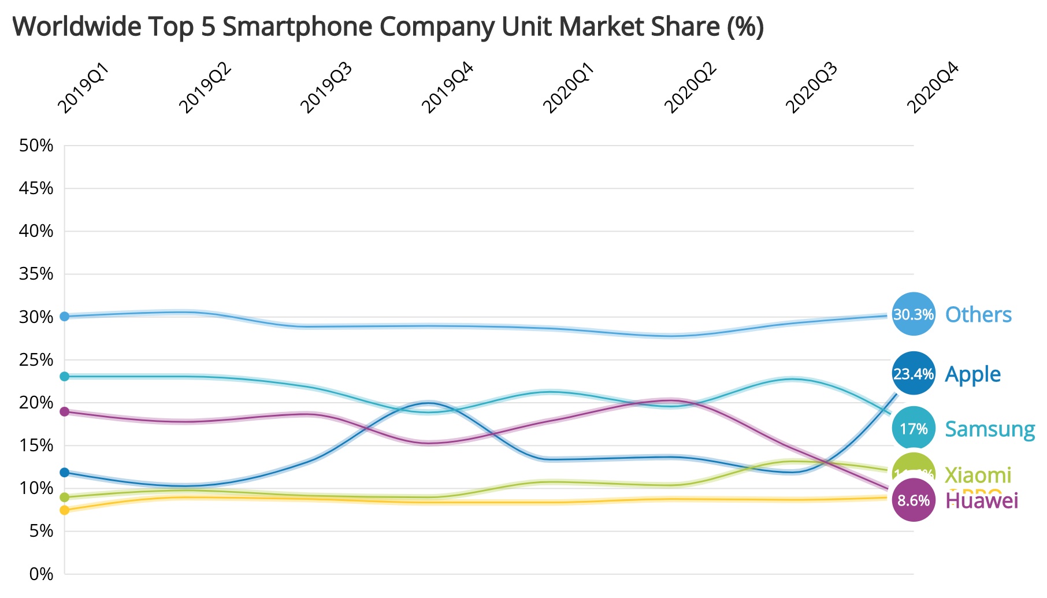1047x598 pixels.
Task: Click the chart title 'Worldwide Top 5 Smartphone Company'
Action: (387, 27)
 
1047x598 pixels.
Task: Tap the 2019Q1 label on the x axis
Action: (83, 88)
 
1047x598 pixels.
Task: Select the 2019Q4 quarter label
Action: (447, 88)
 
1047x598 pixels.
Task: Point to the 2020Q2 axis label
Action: (690, 88)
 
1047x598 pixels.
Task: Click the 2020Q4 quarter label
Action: (933, 88)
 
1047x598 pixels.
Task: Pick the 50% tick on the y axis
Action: (36, 146)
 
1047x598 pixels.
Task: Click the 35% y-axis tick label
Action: (36, 274)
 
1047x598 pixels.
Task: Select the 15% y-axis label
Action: (36, 445)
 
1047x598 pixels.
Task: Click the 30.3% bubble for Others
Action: (914, 314)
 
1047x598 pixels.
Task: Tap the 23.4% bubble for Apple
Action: (914, 374)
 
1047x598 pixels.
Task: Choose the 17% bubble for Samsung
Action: (914, 429)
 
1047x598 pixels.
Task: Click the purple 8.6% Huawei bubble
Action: (914, 500)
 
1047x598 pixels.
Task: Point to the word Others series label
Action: (978, 314)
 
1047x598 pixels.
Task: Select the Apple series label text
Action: (972, 374)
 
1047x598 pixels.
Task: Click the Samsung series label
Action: (990, 429)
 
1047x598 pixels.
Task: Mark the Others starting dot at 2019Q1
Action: (65, 316)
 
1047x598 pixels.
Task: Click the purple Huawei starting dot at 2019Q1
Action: (65, 411)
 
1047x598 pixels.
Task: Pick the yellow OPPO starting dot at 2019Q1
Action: (65, 510)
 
